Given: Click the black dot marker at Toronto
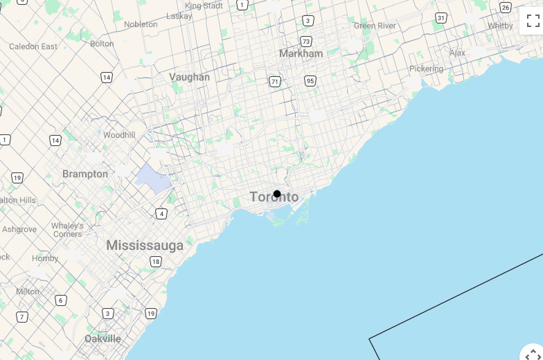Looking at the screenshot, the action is [277, 194].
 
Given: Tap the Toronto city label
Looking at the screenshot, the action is [274, 197].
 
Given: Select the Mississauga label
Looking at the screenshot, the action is [145, 245].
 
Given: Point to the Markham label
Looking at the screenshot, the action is [301, 53].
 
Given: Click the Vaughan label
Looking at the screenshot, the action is [189, 77].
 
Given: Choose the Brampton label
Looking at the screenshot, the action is [85, 174].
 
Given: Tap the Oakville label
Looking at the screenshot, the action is [103, 339].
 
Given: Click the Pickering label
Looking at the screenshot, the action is [426, 69].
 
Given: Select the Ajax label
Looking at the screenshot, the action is [457, 53].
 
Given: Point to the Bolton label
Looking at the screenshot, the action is [102, 44].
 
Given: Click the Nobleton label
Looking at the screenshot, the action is [141, 24].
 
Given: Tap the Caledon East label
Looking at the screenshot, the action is [33, 46].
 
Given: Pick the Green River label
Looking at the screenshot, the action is [375, 26].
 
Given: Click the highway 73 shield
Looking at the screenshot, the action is [306, 41].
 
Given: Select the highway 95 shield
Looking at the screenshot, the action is [310, 81].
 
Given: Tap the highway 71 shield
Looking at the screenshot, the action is [275, 82].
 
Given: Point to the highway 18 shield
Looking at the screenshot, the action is [156, 262].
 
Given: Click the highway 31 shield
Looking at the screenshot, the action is [441, 17].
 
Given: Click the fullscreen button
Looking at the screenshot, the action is [532, 20].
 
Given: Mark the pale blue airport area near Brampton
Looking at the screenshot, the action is [154, 179].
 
